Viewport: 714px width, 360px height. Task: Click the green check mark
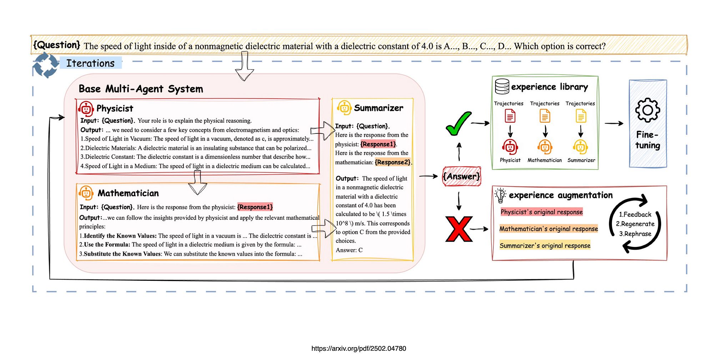tap(458, 124)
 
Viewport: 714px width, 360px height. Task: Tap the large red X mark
tap(459, 229)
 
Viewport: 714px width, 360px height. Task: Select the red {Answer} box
tap(462, 176)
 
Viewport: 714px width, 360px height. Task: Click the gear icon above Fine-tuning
tap(648, 110)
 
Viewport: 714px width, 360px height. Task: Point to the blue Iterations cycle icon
tap(46, 65)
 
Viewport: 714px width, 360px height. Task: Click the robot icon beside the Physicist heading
tap(86, 109)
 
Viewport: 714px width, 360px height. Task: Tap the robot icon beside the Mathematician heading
tap(86, 193)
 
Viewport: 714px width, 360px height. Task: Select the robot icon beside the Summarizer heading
tap(344, 108)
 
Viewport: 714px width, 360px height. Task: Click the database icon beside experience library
tap(502, 86)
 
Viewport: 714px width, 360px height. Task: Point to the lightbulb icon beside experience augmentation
tap(500, 195)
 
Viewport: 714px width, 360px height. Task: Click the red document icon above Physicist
tap(510, 116)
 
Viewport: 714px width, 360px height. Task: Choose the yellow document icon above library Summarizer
tap(581, 116)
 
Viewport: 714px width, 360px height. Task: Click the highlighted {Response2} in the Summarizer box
tap(393, 162)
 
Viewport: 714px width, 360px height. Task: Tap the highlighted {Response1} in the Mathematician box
tap(255, 207)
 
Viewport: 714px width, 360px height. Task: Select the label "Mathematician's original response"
tap(548, 229)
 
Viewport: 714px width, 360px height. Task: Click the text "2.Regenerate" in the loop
tap(635, 224)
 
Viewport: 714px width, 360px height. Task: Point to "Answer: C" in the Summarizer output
tap(349, 250)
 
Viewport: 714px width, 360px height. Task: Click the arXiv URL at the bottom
tap(358, 349)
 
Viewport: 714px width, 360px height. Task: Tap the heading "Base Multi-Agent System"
tap(141, 89)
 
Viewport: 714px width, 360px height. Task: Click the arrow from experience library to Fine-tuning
tap(614, 123)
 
